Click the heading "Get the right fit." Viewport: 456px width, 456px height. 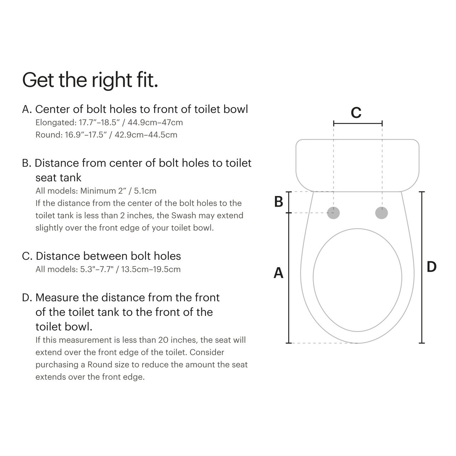(90, 80)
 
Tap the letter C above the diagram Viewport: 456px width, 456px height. (356, 113)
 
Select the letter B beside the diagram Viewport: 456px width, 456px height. (279, 202)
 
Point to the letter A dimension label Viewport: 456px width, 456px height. (278, 273)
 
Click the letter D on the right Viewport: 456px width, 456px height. (431, 267)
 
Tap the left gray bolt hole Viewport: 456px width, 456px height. (333, 213)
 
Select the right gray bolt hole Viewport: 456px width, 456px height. (382, 213)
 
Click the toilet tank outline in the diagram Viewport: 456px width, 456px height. (357, 165)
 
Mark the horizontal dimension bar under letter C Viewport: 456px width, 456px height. (358, 124)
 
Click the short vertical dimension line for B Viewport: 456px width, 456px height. (289, 202)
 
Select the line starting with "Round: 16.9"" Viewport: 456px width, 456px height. (106, 135)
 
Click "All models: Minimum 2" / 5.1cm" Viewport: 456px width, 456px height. (96, 191)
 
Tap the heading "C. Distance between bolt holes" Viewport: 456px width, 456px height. (102, 256)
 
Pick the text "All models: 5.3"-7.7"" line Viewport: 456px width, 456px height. (108, 269)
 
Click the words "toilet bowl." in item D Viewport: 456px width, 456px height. (64, 327)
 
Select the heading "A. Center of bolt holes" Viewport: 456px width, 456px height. (135, 109)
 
